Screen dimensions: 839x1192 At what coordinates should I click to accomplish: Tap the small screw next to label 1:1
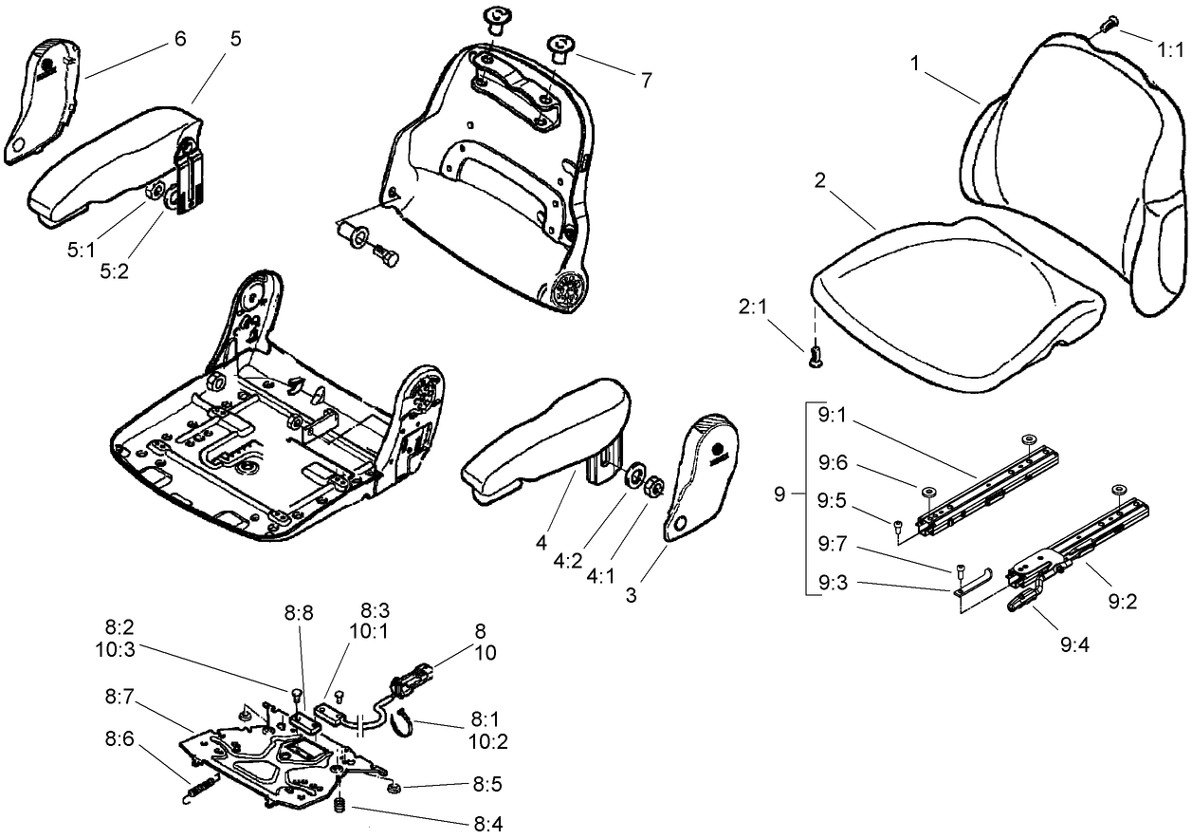click(x=1111, y=21)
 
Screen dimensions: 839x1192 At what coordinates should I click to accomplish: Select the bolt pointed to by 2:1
click(x=815, y=358)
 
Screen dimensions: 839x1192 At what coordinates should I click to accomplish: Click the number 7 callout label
click(x=646, y=81)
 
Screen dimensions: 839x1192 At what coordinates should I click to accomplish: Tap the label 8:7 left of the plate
click(x=120, y=699)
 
